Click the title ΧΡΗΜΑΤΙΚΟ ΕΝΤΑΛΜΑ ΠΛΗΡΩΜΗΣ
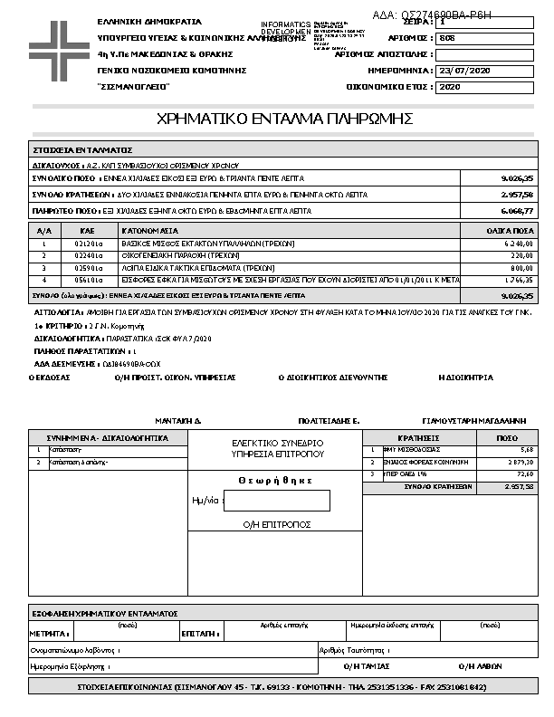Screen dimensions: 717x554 click(x=285, y=119)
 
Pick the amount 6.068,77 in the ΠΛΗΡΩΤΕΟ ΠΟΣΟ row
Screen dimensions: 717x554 click(x=516, y=211)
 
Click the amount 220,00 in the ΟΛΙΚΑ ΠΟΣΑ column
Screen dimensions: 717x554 click(x=520, y=256)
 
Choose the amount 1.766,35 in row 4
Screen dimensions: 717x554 click(x=518, y=281)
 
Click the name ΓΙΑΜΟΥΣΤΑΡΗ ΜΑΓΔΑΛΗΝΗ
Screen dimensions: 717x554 click(x=474, y=421)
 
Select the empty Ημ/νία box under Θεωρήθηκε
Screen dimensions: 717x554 click(x=276, y=500)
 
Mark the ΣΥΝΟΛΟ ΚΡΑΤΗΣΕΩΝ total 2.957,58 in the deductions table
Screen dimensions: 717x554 click(x=517, y=486)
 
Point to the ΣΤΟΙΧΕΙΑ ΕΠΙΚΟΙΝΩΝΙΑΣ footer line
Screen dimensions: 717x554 click(x=271, y=688)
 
